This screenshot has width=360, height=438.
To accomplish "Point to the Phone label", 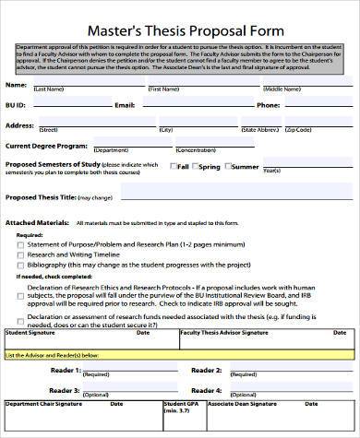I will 268,105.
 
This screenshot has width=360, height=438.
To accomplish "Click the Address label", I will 21,124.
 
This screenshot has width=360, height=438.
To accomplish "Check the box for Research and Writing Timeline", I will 20,254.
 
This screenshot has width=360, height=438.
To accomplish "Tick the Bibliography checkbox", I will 20,265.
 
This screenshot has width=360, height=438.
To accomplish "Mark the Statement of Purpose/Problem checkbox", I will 20,243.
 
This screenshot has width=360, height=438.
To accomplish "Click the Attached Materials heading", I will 38,222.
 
